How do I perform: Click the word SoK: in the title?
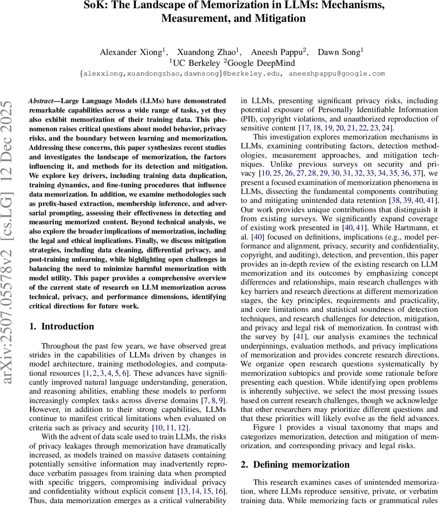point(96,6)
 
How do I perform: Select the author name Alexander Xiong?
point(131,52)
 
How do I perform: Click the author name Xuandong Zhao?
point(207,52)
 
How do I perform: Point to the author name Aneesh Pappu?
point(276,52)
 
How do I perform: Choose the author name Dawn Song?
point(339,52)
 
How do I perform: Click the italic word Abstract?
point(41,101)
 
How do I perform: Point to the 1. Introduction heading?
point(61,327)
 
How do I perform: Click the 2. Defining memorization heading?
point(295,465)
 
